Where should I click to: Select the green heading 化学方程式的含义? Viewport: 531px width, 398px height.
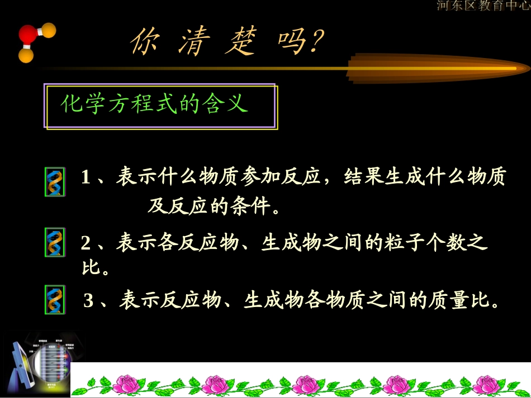[x=154, y=104]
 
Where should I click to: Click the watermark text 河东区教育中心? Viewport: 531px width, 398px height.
[x=483, y=6]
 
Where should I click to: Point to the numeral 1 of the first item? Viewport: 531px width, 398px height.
[x=86, y=178]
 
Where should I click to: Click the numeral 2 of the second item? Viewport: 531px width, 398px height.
[x=86, y=243]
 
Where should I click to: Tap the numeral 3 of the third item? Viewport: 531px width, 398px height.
[x=89, y=301]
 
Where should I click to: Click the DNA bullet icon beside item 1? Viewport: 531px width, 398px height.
[x=55, y=181]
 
